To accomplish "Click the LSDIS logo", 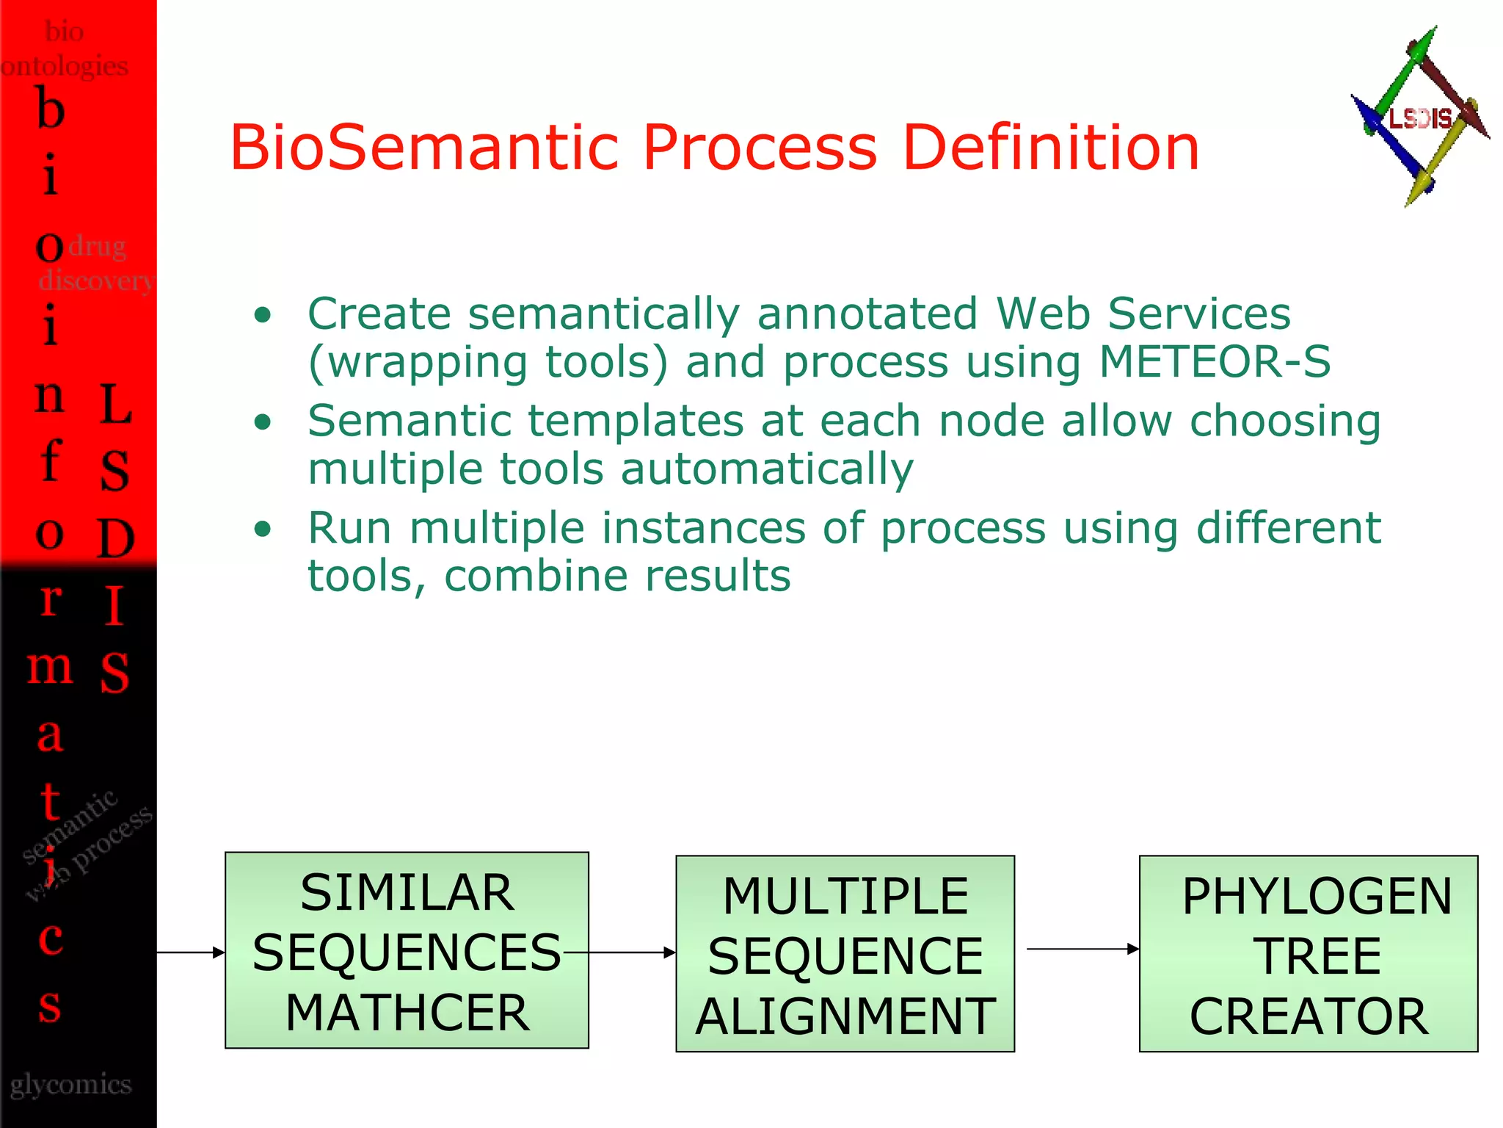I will tap(1419, 117).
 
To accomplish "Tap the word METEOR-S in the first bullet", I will tap(1215, 361).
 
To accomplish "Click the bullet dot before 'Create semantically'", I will tap(263, 316).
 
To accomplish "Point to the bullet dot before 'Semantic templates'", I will tap(263, 422).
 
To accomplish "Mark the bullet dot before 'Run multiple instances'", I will tap(263, 529).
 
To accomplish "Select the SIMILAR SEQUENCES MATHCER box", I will tap(407, 950).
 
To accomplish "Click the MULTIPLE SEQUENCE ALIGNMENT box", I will tap(845, 954).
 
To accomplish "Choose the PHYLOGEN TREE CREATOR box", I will tap(1308, 954).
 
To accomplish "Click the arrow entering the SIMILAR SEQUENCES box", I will tap(191, 952).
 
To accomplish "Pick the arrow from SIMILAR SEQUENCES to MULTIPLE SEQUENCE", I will tap(631, 952).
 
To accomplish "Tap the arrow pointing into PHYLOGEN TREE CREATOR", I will tap(1082, 949).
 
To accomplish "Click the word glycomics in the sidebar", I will tap(71, 1084).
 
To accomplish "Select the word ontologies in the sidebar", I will tap(65, 65).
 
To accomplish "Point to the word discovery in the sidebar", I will tap(95, 280).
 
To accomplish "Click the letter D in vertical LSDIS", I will tap(115, 538).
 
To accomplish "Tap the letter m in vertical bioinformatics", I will tap(50, 667).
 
